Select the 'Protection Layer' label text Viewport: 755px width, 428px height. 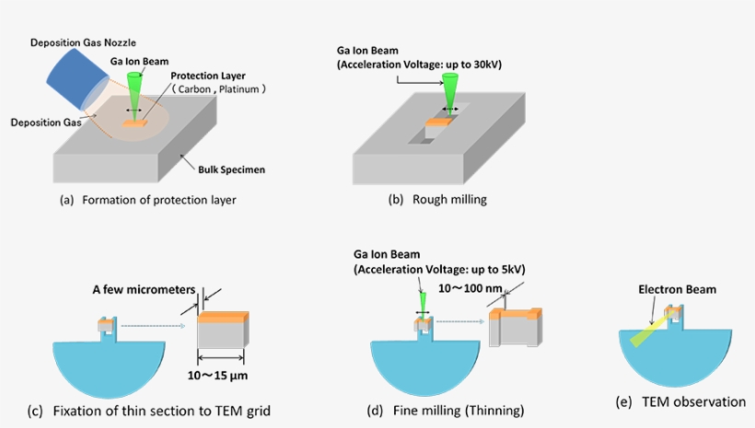pyautogui.click(x=210, y=76)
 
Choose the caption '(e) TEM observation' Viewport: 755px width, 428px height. pyautogui.click(x=680, y=401)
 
